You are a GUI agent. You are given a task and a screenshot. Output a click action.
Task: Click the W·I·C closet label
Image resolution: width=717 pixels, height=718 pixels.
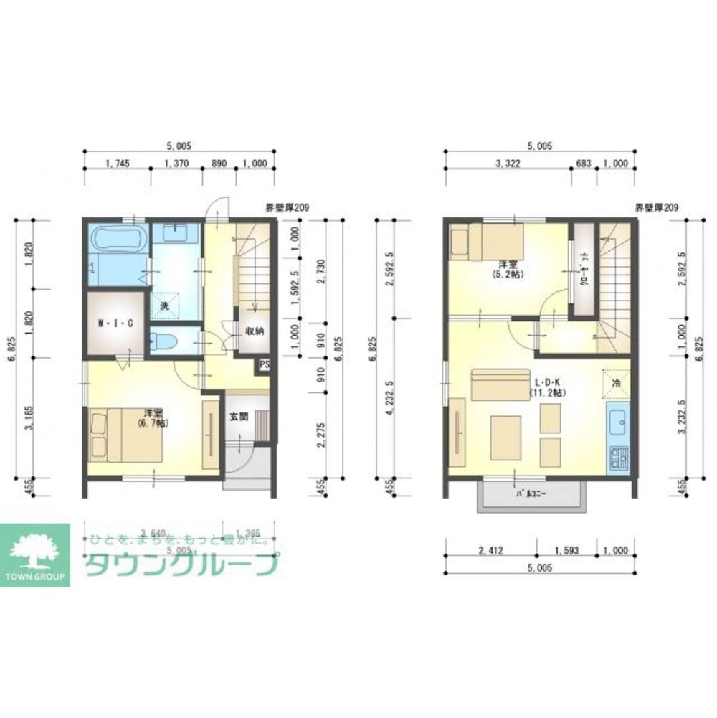click(x=115, y=323)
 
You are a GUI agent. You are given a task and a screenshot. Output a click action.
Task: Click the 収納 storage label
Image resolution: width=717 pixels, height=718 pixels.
click(x=255, y=331)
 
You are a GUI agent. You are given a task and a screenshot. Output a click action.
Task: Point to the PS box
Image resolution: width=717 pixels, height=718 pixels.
click(x=265, y=364)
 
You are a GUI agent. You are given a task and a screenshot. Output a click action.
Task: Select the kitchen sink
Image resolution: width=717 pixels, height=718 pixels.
click(x=618, y=425)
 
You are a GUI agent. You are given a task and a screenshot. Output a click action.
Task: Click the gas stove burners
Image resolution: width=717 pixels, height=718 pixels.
click(x=618, y=457)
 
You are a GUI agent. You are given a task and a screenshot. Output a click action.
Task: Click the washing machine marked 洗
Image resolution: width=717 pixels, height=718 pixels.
click(x=164, y=305)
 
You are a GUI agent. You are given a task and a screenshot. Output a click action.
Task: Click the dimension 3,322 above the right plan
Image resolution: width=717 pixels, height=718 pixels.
click(x=508, y=164)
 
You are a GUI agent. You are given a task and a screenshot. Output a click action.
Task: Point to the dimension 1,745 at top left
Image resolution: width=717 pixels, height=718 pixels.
click(x=117, y=164)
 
